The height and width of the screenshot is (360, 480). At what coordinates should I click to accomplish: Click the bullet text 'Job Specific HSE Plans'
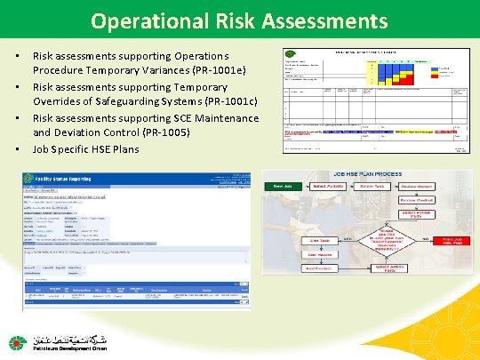86,149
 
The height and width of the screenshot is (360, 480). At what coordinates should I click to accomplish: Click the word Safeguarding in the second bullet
105,101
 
